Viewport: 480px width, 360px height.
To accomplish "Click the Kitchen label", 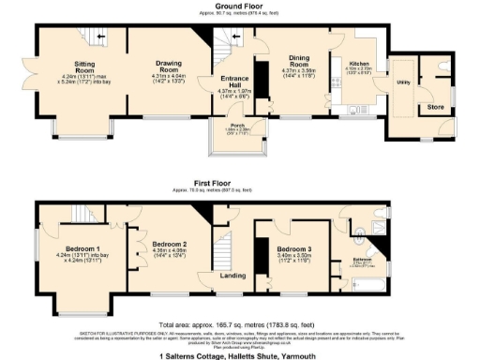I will pyautogui.click(x=360, y=63).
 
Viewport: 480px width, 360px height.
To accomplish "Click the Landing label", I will pyautogui.click(x=233, y=275).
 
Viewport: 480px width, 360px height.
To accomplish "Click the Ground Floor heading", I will pyautogui.click(x=239, y=6).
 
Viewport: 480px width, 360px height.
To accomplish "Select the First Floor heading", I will pyautogui.click(x=239, y=184).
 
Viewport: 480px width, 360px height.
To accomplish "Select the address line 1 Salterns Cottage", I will pyautogui.click(x=239, y=354).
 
